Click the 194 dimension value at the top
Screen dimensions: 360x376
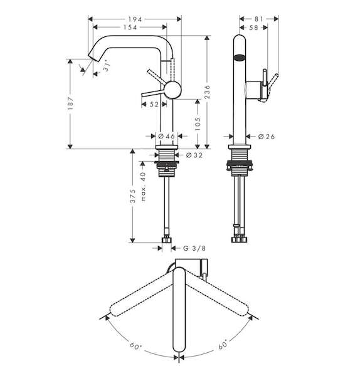(135, 19)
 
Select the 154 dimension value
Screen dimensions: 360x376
(130, 28)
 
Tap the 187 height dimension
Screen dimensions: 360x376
(71, 103)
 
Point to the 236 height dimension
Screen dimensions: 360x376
(207, 92)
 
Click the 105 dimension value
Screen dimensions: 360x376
(198, 123)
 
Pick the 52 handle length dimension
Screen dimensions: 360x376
(154, 104)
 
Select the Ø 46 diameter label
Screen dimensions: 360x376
(167, 137)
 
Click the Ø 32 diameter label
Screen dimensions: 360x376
(194, 155)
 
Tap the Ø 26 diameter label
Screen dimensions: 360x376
(267, 137)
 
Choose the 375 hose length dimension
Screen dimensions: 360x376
(133, 196)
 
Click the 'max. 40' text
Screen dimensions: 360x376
(143, 186)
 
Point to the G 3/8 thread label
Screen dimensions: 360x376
(194, 248)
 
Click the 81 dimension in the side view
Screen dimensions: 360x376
(259, 19)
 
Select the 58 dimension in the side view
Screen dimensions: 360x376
(253, 28)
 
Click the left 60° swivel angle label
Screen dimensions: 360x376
(136, 346)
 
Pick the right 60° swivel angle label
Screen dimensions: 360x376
(223, 345)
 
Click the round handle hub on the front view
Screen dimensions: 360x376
(172, 90)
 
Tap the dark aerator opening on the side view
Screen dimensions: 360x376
(240, 58)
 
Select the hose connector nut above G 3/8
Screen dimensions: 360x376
(167, 240)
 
